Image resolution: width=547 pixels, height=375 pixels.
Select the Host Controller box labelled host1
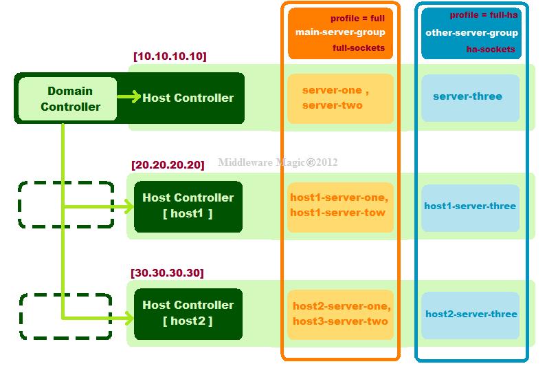point(188,205)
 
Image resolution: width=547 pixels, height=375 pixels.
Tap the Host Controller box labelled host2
point(188,313)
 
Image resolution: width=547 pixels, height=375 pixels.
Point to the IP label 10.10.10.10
point(170,56)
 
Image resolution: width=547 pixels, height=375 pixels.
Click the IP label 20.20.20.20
point(168,165)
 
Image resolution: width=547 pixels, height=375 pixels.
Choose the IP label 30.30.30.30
point(167,273)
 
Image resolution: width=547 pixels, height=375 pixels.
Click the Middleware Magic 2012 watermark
point(278,163)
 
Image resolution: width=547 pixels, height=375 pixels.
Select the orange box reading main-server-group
point(340,33)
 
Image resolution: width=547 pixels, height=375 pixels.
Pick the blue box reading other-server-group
point(470,33)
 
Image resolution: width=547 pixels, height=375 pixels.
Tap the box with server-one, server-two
point(340,98)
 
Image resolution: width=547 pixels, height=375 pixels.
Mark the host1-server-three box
point(470,206)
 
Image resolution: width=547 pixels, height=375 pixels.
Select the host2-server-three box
point(471,314)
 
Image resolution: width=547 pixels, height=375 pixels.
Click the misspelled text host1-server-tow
point(337,213)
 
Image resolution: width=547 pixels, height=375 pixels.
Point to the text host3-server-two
point(340,321)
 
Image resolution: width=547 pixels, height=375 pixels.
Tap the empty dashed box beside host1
point(66,204)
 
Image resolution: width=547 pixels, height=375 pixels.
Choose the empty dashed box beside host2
point(66,316)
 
